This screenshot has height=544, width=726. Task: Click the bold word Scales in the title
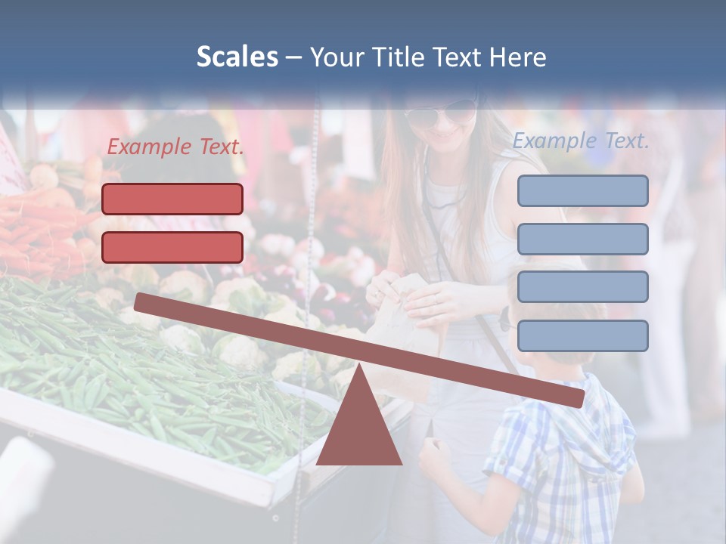237,57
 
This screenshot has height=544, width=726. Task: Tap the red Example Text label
175,147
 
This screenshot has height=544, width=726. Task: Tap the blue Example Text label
581,141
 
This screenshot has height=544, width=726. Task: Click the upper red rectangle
172,199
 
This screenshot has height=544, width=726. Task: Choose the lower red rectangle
172,247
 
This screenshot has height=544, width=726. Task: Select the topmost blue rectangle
582,190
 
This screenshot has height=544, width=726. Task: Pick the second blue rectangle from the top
582,239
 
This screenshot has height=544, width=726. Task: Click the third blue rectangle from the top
582,287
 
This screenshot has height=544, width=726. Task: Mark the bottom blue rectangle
582,335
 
